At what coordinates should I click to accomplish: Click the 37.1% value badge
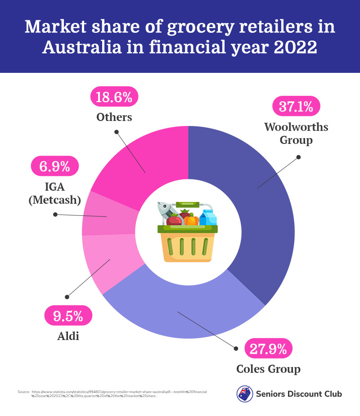click(x=297, y=107)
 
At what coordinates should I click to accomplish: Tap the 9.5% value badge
click(x=68, y=316)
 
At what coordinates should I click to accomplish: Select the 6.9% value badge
click(x=54, y=166)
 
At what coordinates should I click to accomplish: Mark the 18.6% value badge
click(x=114, y=97)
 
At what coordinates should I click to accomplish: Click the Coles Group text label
click(x=268, y=369)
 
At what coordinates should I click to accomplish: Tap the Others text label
click(x=114, y=117)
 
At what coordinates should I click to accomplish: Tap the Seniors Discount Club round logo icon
click(x=244, y=394)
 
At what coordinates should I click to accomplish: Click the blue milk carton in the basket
click(x=208, y=218)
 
